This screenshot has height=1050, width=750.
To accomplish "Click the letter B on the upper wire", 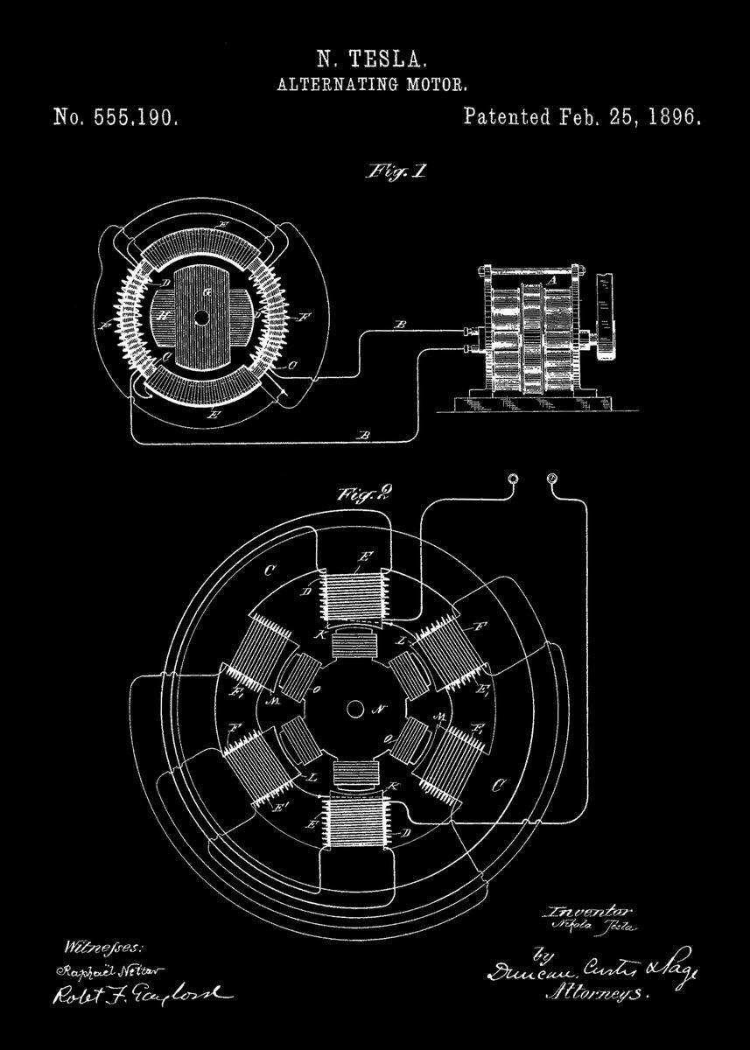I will [400, 325].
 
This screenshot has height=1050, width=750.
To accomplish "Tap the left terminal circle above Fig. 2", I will [514, 478].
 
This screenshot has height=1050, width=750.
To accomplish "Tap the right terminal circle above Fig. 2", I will [551, 478].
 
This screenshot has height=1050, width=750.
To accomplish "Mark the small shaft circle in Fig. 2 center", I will [356, 707].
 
